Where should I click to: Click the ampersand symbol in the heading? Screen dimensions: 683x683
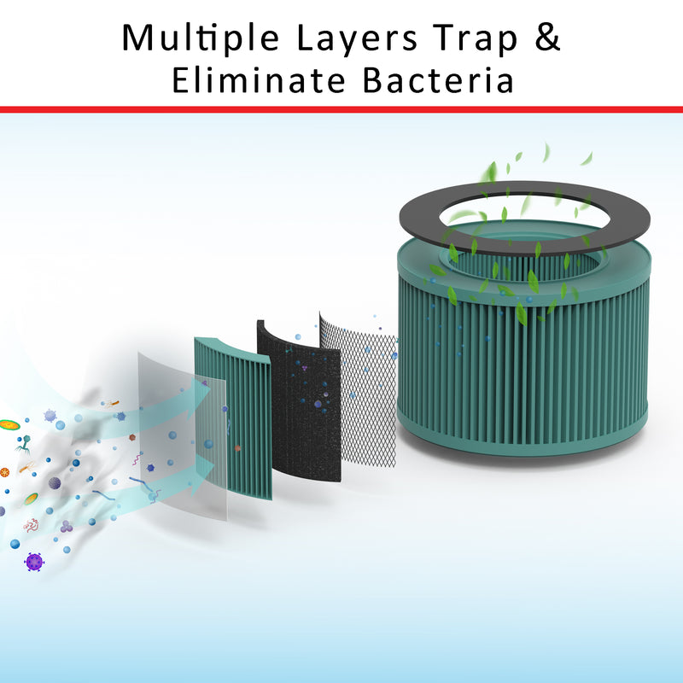(546, 37)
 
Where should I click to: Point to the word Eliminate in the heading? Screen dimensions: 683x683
(259, 80)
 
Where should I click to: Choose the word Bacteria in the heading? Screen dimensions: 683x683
(438, 80)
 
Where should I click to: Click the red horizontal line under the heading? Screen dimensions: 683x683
(341, 109)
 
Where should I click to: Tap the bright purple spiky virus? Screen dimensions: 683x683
(34, 562)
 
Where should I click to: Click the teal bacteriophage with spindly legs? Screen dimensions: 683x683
(24, 444)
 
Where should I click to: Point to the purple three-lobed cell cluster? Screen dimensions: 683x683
(67, 527)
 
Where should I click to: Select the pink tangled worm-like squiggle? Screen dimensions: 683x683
(32, 526)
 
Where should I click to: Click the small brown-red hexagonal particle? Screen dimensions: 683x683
(132, 437)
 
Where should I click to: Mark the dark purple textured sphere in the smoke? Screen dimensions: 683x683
(55, 483)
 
